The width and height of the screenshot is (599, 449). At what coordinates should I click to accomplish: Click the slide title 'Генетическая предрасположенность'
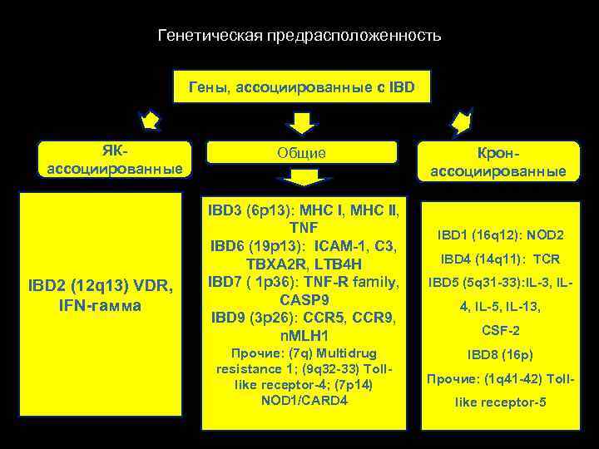(x=299, y=37)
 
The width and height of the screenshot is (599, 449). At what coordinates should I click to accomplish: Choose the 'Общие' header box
(x=301, y=153)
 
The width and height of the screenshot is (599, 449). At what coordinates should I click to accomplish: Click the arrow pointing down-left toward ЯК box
(x=149, y=121)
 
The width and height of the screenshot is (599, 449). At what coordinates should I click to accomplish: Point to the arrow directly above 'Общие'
(x=303, y=122)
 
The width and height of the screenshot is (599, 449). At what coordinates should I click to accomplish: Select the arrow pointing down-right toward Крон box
(x=461, y=122)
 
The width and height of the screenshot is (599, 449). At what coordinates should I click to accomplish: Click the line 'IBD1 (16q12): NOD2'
(x=498, y=235)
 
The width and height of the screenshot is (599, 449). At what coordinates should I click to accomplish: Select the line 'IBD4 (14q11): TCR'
(x=498, y=259)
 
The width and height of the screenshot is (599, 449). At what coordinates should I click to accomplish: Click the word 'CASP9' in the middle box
(x=303, y=300)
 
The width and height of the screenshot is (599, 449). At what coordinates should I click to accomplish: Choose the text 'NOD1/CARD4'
(x=303, y=401)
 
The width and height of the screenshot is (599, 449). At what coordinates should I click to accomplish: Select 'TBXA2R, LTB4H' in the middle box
(x=303, y=263)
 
